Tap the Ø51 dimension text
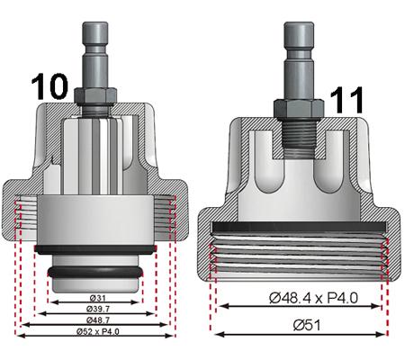(301, 325)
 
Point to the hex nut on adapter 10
(94, 96)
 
